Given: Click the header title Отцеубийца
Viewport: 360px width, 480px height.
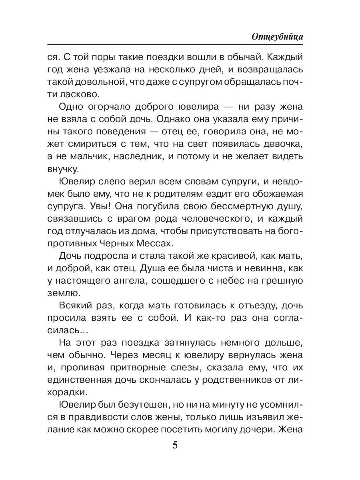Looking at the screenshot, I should coord(277,37).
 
